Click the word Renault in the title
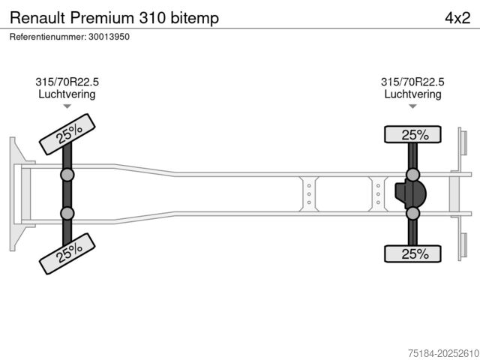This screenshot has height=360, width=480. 37,18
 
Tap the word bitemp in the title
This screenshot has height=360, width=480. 195,19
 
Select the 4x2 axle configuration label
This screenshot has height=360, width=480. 457,18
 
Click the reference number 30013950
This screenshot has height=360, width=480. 109,37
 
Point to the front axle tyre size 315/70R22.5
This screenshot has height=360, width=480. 67,82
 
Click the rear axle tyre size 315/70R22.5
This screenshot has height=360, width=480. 412,82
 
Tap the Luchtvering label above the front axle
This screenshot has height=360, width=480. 67,94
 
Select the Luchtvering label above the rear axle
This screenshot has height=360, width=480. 412,94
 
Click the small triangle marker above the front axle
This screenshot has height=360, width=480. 67,106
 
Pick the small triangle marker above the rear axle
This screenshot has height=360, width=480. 412,106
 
